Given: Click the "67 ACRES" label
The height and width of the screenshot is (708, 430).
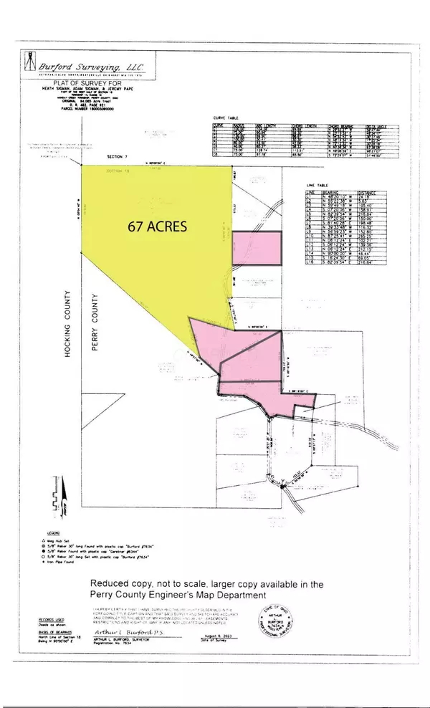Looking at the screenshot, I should tap(157, 226).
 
